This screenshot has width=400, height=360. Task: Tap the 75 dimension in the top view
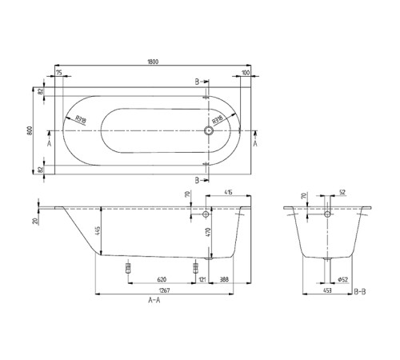59,74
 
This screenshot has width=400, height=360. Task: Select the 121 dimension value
202,278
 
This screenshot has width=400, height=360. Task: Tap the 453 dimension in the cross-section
328,292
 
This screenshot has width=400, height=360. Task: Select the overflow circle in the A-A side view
206,216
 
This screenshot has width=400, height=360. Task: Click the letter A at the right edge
255,145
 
